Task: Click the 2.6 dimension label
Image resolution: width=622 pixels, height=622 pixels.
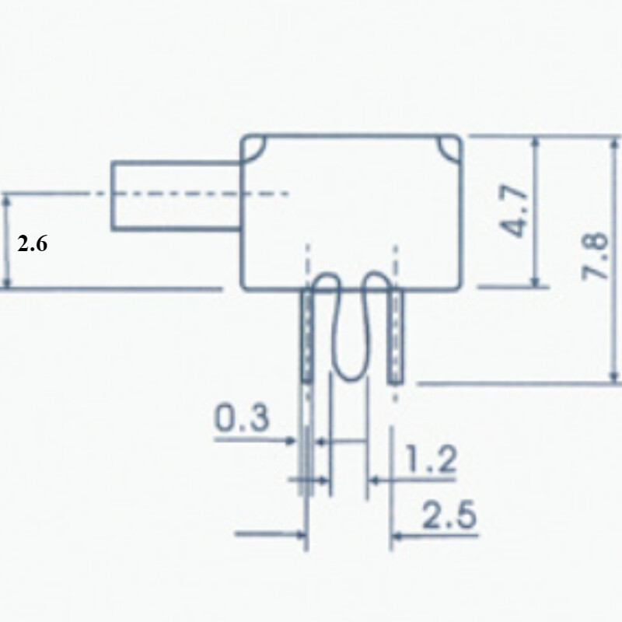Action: point(33,244)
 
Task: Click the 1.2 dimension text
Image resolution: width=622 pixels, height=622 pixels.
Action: point(429,461)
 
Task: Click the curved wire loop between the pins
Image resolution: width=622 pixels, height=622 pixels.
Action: point(351,327)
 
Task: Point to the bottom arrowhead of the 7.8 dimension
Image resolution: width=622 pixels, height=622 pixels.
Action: point(612,377)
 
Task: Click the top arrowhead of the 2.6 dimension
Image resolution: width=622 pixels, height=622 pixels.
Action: point(8,201)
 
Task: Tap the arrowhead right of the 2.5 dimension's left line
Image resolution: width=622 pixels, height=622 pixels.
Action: point(397,535)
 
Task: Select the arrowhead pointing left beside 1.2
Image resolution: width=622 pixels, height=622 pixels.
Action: point(374,482)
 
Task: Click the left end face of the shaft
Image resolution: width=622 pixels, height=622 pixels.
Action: point(113,195)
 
